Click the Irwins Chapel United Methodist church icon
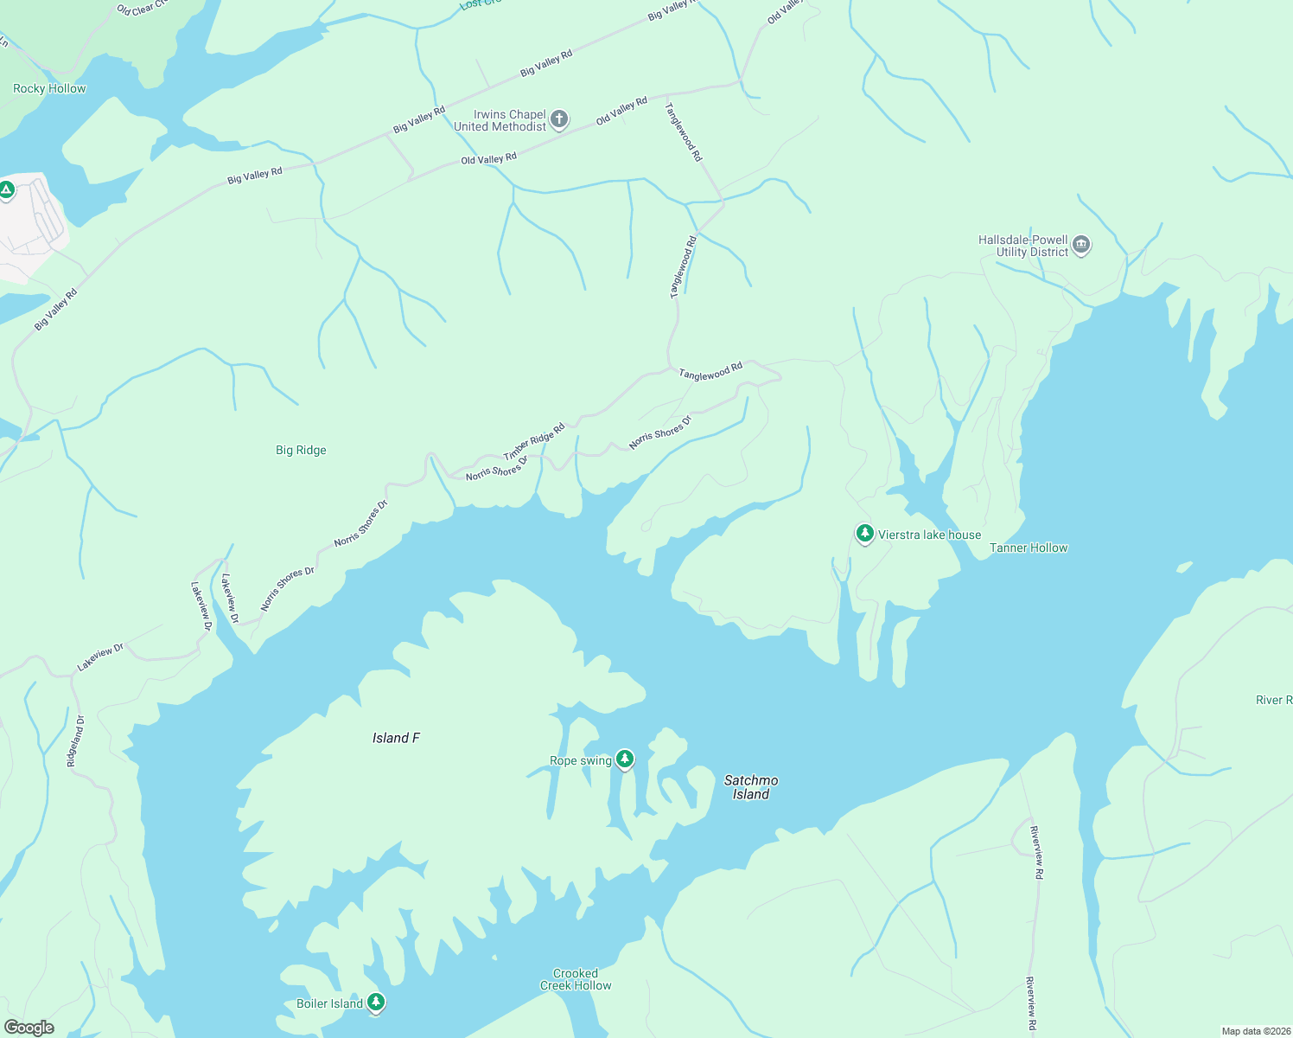(x=559, y=119)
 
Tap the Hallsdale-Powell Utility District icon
(x=1080, y=247)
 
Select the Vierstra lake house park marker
(x=864, y=534)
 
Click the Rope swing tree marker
(x=624, y=759)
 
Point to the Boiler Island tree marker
(x=375, y=1003)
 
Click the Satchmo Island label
(x=750, y=787)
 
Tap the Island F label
(x=396, y=738)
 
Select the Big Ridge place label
(x=301, y=450)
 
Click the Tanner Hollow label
(x=1029, y=548)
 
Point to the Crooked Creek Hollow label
(x=576, y=979)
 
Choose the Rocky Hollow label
(x=49, y=88)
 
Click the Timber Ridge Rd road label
(x=534, y=441)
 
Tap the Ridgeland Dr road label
(x=76, y=741)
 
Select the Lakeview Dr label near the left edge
(x=100, y=657)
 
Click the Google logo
(x=29, y=1027)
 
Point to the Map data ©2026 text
(x=1255, y=1031)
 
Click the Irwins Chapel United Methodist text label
(x=500, y=120)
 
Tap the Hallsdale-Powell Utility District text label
(x=1023, y=246)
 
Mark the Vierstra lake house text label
(x=929, y=535)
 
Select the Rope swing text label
(x=580, y=760)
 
